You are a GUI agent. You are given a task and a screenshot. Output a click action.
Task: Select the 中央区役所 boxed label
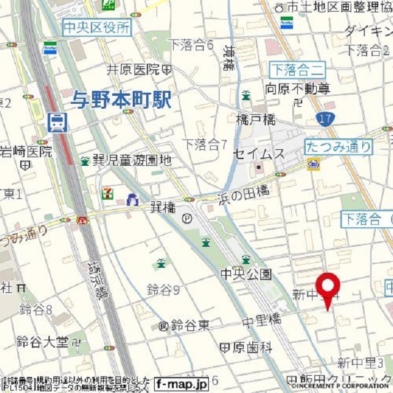tap(96, 27)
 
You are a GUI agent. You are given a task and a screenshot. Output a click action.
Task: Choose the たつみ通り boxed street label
tap(338, 146)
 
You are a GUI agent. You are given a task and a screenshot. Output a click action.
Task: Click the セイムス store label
tap(259, 153)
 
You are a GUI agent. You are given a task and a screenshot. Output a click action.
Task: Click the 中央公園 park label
tap(246, 274)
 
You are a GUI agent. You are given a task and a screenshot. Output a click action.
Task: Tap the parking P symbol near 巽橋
tap(187, 219)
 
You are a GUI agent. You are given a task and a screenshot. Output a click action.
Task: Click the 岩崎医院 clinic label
tap(26, 150)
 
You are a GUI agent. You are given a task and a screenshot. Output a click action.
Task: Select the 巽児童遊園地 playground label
tap(131, 161)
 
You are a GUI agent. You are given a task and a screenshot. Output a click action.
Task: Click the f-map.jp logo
tap(181, 383)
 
